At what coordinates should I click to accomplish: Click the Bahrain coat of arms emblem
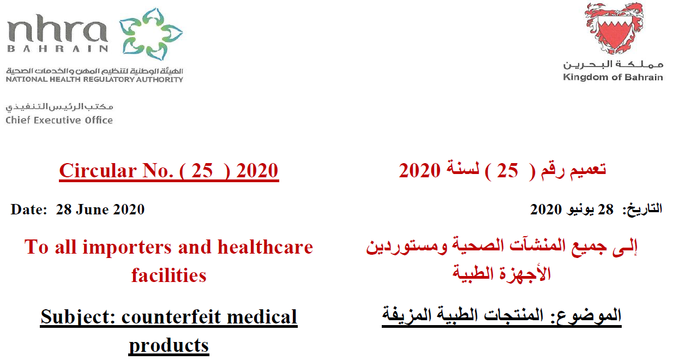point(614,28)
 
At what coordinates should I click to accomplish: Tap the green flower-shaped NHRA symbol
point(151,34)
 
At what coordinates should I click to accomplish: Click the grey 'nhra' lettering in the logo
point(57,28)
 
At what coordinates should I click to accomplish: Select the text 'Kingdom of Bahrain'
point(613,77)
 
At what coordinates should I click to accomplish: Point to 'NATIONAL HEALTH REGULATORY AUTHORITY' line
point(94,79)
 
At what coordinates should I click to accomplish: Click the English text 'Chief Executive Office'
point(59,120)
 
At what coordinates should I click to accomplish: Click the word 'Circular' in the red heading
point(98,171)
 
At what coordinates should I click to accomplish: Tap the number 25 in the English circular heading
point(202,171)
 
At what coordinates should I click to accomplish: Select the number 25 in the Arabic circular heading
point(507,171)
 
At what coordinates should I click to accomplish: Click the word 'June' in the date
point(92,209)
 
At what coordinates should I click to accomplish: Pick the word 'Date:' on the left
point(29,209)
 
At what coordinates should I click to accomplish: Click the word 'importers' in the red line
point(127,247)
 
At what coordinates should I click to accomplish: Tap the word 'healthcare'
point(265,247)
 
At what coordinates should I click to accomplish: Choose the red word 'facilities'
point(169,275)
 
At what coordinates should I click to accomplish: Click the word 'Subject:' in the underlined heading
point(78,317)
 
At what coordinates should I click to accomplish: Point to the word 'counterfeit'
point(172,317)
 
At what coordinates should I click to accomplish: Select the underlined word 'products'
point(169,346)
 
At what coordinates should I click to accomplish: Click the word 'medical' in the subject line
point(262,317)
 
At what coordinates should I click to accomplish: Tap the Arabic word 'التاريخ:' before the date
point(642,209)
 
